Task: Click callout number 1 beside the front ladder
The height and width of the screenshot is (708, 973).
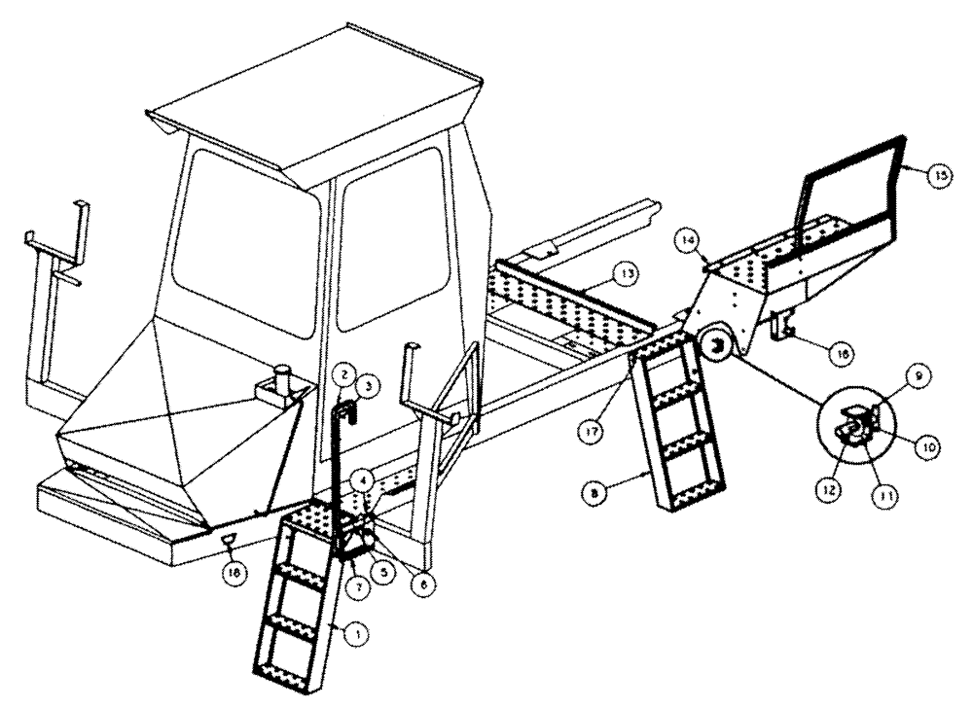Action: [357, 633]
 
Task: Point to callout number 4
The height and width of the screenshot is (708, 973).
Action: [361, 478]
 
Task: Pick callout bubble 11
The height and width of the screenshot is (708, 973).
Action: [885, 494]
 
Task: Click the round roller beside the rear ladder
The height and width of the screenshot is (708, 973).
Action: [719, 348]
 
